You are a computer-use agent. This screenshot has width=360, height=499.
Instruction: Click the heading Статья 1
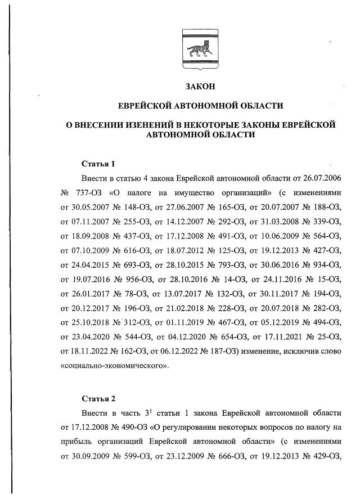[98, 164]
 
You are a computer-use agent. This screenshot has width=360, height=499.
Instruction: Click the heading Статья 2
[98, 399]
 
